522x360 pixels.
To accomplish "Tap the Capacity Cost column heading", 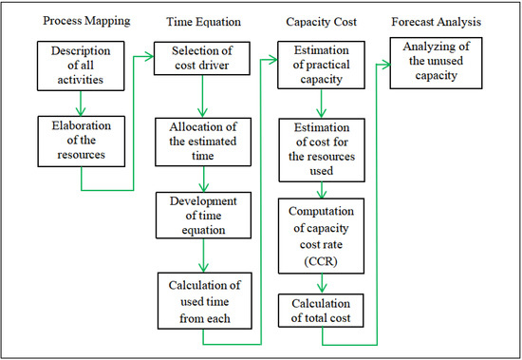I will pyautogui.click(x=318, y=20).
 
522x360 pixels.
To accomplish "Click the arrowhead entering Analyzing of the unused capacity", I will pyautogui.click(x=385, y=63).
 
